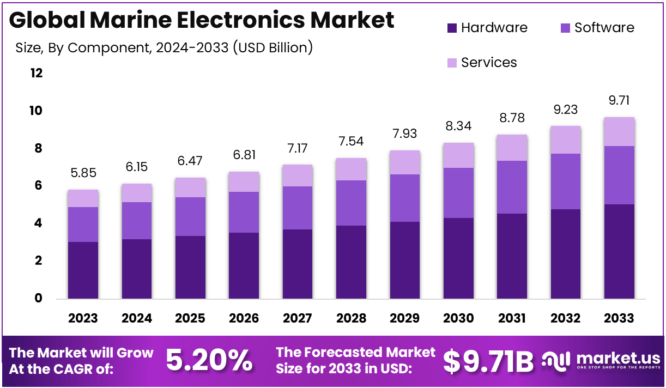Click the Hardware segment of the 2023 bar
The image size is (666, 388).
coord(83,270)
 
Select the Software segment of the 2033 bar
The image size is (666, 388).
coord(619,175)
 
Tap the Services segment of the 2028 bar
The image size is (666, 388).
coord(351,169)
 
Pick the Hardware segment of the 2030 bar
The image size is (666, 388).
coord(458,258)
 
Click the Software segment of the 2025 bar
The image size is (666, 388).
coord(190,216)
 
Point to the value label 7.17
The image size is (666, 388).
coord(298,148)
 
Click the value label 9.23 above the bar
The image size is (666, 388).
coord(566,109)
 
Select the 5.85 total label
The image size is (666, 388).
coord(83,173)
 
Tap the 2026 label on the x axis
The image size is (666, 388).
coord(244,318)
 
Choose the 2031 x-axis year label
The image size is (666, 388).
coord(512,318)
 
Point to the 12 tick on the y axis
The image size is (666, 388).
coord(36,73)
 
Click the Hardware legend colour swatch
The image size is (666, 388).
coord(452,28)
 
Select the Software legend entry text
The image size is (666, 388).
coord(604,28)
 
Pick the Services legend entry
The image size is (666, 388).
coord(488,63)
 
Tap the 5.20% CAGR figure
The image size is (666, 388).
coord(209,361)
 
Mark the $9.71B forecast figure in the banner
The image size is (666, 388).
coord(488,361)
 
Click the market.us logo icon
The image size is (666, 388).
coord(555,360)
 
